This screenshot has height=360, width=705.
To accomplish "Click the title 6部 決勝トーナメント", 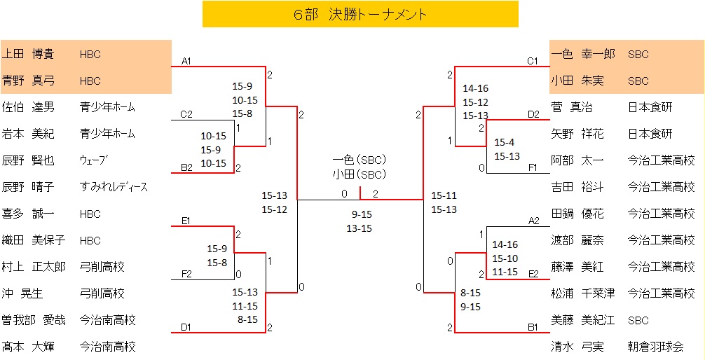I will coord(360,15).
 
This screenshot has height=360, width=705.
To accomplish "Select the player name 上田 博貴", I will coord(28,54).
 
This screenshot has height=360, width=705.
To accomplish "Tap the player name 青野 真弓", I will coord(28,81).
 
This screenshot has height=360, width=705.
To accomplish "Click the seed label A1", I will coord(186,61).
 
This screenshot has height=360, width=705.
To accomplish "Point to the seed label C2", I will coord(186,114).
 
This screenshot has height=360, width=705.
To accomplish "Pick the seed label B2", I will coord(186,167).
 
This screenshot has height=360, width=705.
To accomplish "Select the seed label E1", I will coord(186,221).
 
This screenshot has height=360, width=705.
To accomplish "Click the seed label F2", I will coord(186,274).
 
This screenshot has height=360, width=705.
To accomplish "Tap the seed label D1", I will coord(186,327).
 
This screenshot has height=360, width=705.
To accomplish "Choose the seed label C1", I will coord(533,61).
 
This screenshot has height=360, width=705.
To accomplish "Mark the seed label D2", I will coord(533,114).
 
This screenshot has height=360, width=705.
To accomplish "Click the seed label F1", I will coord(533,167).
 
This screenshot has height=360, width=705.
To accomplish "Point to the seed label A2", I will coord(533,221).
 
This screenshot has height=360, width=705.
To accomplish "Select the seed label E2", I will coord(533,274).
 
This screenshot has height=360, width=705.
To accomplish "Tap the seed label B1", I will coord(533,327).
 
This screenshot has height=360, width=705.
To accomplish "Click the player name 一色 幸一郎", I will coord(583,54).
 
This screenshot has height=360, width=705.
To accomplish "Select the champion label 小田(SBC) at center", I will coord(360,174).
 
